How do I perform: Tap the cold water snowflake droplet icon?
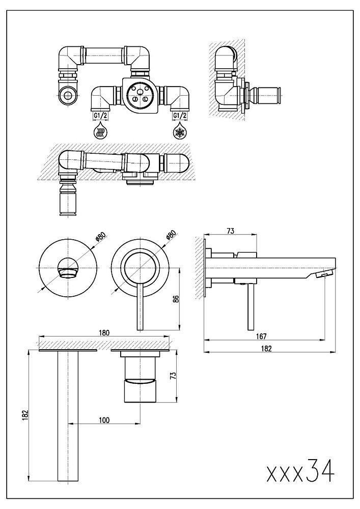[180, 133]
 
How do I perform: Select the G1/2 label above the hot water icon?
[100, 116]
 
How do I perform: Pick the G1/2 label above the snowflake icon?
[180, 116]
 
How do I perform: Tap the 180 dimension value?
[104, 333]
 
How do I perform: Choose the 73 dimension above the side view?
[231, 232]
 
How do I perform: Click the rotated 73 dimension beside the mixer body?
[173, 376]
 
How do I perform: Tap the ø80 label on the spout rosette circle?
[100, 237]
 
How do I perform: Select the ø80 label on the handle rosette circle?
[171, 237]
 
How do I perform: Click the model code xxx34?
[301, 472]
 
